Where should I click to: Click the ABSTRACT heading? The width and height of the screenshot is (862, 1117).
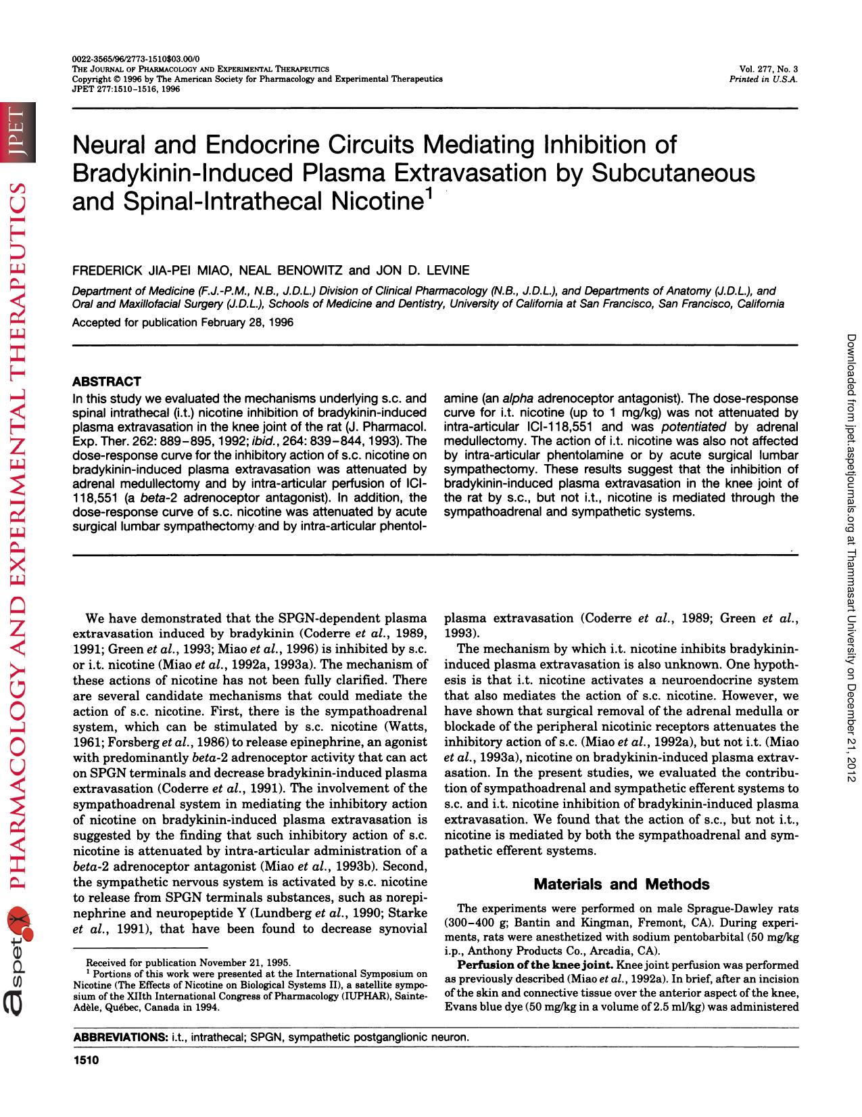point(106,382)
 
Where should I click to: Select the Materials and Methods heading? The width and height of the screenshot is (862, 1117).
point(621,884)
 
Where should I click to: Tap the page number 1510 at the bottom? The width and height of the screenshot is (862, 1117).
point(86,1061)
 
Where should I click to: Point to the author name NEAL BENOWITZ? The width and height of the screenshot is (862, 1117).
point(297,271)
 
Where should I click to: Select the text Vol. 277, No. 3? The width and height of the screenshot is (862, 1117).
point(769,70)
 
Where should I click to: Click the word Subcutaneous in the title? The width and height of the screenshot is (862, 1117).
point(673,173)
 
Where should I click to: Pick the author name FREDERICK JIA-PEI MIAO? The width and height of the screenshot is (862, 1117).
point(153,271)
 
